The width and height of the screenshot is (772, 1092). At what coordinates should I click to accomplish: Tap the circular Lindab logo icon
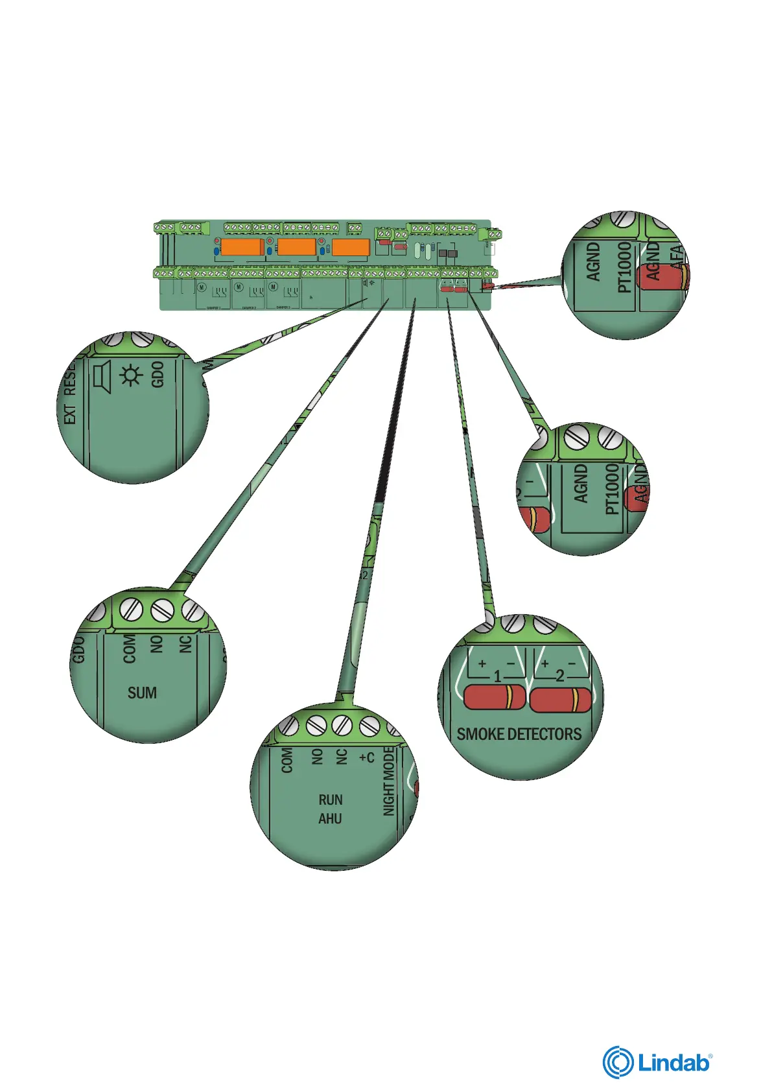click(618, 1063)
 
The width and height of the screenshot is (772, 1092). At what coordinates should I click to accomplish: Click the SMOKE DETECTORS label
click(519, 734)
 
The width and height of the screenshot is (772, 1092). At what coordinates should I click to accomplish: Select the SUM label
click(142, 693)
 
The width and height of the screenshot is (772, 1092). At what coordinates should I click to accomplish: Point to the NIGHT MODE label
click(389, 781)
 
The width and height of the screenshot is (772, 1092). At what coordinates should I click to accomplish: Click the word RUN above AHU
click(331, 800)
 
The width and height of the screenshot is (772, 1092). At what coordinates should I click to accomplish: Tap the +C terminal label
click(367, 757)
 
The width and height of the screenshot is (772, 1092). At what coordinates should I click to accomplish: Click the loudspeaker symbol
click(102, 377)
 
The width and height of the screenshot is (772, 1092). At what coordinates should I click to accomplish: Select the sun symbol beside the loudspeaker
click(131, 375)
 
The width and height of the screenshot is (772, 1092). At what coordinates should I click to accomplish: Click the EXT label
click(70, 415)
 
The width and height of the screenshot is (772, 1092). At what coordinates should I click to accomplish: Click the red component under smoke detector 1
click(495, 697)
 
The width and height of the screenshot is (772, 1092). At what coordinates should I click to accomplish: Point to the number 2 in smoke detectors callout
click(560, 676)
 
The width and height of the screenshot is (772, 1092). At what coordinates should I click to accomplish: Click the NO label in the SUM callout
click(156, 644)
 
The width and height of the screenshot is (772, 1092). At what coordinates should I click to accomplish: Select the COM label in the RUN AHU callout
click(287, 760)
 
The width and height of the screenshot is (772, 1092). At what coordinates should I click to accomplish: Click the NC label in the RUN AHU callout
click(342, 757)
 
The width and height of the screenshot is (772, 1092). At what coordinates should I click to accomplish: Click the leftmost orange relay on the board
click(242, 247)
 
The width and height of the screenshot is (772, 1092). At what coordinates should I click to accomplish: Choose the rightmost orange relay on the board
click(351, 247)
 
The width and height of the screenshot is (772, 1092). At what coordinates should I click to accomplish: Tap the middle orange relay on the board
click(296, 247)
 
